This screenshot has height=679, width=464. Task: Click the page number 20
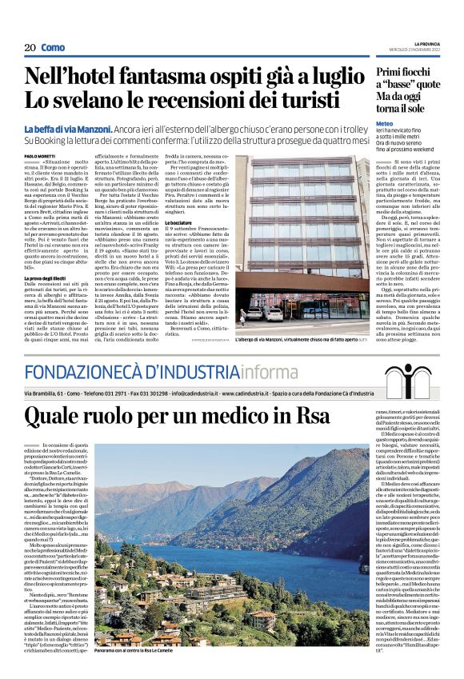tap(30, 47)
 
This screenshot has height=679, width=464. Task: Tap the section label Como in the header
tap(53, 47)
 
